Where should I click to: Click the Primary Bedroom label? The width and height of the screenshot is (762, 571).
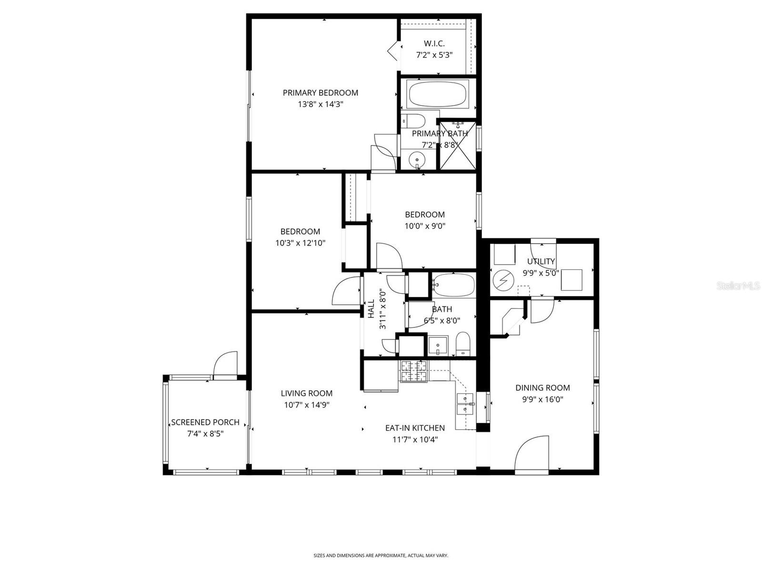pos(320,93)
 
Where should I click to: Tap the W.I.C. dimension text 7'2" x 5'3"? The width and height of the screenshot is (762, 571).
pos(434,55)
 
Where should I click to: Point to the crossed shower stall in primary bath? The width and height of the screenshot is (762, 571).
pos(457,145)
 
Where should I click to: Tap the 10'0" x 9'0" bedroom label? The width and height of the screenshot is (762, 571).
pos(424,215)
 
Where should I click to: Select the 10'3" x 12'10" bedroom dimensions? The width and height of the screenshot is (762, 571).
pos(300,243)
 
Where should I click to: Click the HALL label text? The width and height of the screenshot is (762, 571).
pos(371,308)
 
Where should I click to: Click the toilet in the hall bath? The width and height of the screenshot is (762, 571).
pos(462,344)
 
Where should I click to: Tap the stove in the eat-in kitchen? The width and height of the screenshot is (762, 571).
pos(414,371)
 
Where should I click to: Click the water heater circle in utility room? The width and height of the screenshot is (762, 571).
pos(502,281)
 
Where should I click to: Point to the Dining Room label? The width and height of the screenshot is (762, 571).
pos(542,388)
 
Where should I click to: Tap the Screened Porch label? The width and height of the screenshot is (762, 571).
pos(205,423)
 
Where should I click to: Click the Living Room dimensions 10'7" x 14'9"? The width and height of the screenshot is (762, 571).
pos(307,405)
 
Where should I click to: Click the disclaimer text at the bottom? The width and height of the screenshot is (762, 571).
pos(381,555)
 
